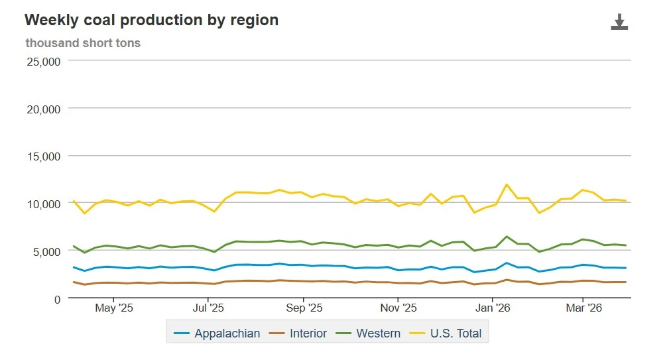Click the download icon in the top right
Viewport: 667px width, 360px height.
pos(619,23)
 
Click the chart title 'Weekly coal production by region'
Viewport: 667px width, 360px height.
pos(151,20)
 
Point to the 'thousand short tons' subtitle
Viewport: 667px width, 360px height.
pos(83,43)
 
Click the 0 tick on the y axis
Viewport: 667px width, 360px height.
pos(57,299)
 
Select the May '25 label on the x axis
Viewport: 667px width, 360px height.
pos(115,308)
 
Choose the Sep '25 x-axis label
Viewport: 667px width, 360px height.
pos(304,308)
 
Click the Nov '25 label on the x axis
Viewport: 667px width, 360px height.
pos(399,308)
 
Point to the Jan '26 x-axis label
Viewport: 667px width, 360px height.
pos(493,308)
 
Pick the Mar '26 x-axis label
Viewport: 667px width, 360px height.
pos(583,308)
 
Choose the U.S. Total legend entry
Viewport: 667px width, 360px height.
pos(448,333)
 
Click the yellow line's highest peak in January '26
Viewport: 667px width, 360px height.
pos(507,184)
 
